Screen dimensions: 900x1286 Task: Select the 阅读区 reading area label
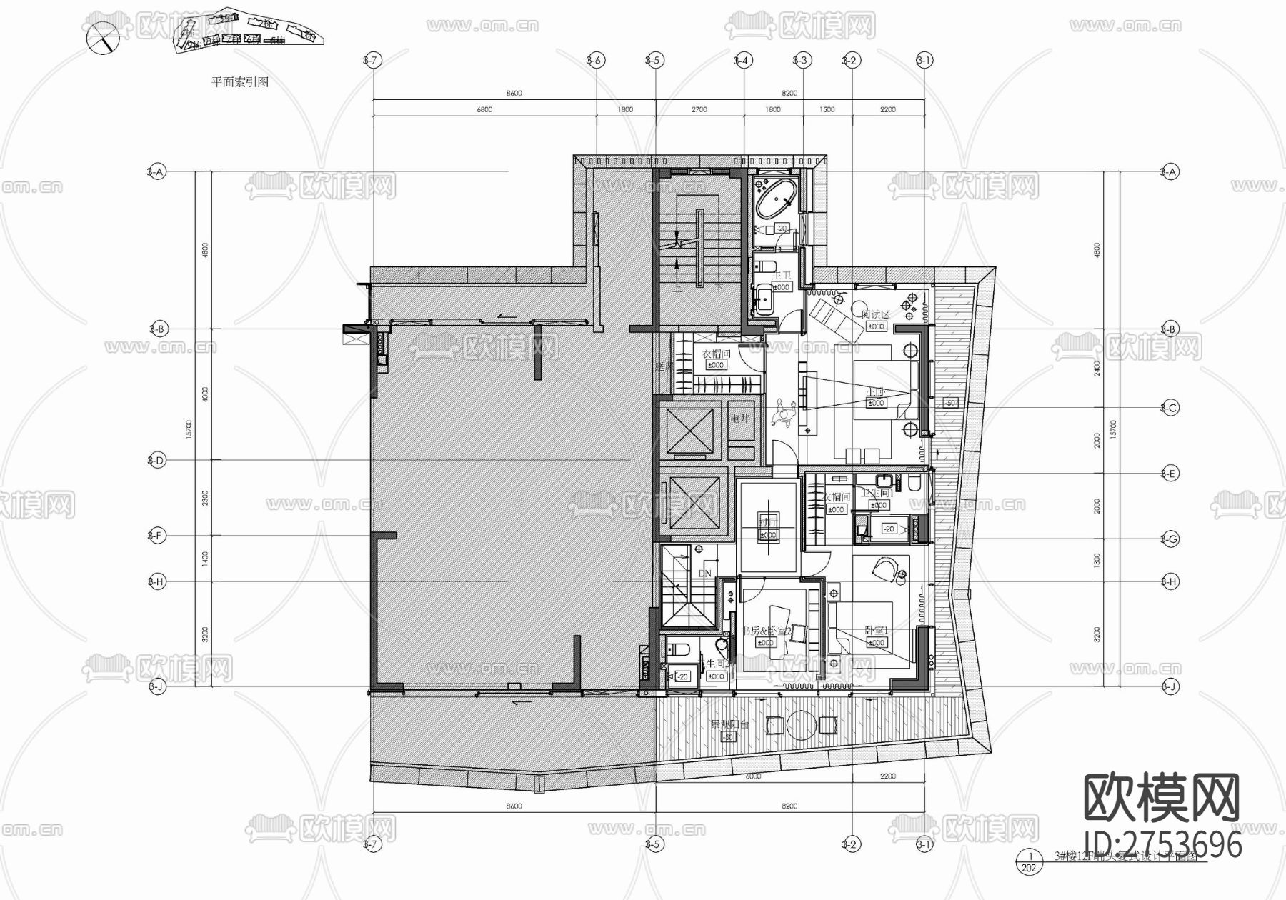(x=874, y=314)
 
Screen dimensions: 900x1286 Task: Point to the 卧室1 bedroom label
(x=876, y=631)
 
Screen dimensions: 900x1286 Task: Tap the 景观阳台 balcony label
(x=729, y=724)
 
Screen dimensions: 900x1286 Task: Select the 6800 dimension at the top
(x=484, y=110)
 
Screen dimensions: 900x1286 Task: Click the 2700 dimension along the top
(x=699, y=110)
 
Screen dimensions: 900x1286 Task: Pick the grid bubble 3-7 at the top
(x=371, y=61)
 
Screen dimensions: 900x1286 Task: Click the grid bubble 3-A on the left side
(x=156, y=171)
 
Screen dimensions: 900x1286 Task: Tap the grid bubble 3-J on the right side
(x=1169, y=686)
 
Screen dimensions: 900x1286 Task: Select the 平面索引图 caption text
(x=240, y=82)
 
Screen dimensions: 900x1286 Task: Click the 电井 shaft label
(x=739, y=419)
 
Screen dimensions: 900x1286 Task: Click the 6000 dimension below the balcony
(x=753, y=776)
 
